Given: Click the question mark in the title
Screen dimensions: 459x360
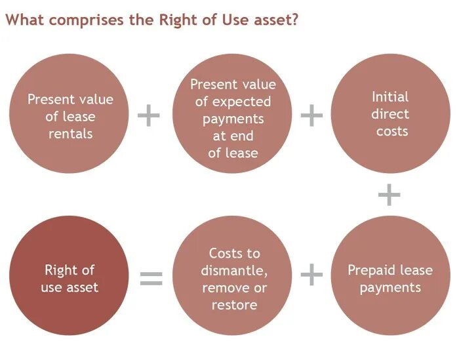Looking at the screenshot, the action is coord(296,20).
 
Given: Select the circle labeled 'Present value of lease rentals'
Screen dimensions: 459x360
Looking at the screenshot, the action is coord(70,117).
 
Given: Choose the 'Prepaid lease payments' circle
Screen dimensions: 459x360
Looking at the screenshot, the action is coord(389,278).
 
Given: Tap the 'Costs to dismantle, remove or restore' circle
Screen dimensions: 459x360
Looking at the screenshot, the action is coord(234,278).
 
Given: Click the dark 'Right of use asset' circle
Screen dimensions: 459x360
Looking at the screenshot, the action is coord(70,278).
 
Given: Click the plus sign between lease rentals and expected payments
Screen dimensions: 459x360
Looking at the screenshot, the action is coord(149,116).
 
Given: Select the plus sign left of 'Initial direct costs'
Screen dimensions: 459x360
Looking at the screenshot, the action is coord(312,116).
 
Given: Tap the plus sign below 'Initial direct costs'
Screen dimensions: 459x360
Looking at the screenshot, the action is coord(389,195).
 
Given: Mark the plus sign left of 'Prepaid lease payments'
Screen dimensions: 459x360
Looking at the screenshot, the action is coord(312,275).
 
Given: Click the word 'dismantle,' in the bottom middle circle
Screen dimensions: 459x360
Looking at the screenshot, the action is coord(235,270).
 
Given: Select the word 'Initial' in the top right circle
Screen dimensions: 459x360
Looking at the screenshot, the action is coord(390,97).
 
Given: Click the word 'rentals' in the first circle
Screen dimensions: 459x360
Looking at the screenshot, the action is coord(70,134).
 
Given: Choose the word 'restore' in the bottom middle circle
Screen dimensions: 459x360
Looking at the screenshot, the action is coord(234,305).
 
